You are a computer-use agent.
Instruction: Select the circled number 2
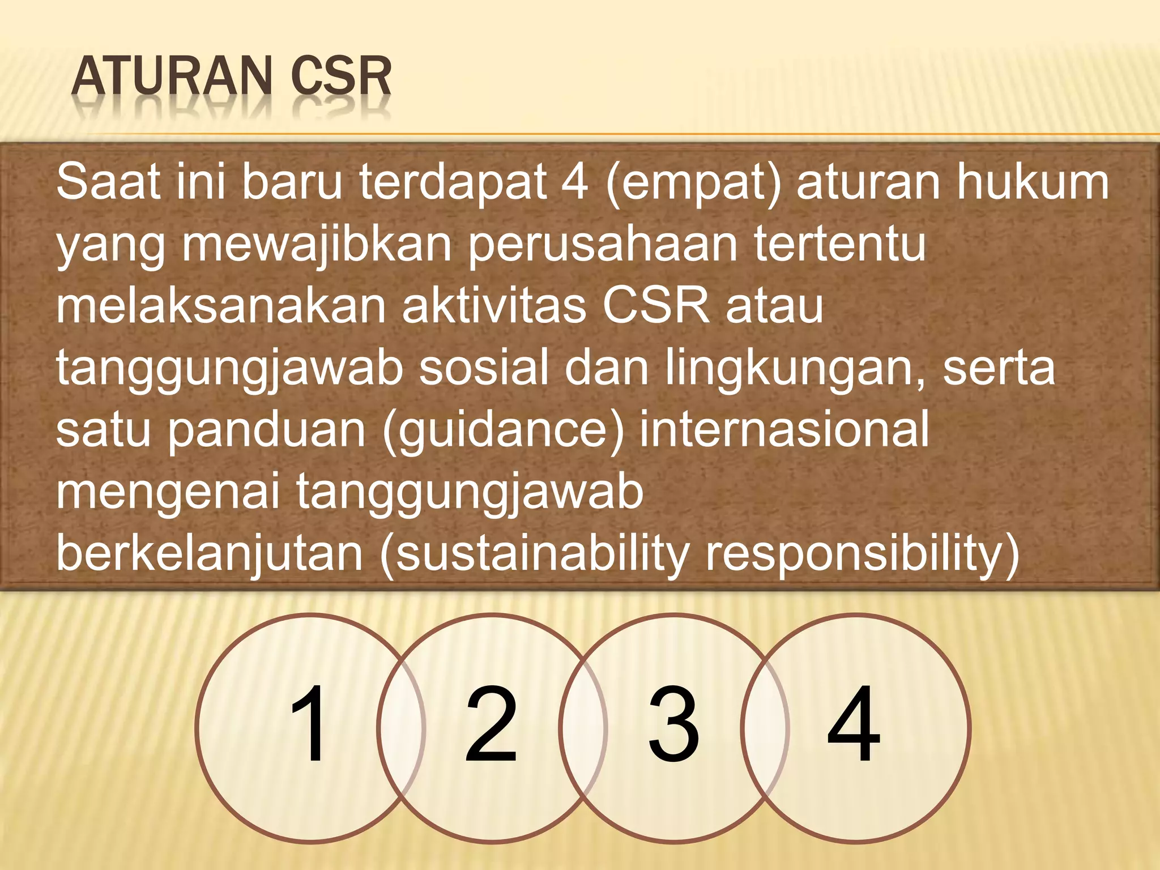[491, 724]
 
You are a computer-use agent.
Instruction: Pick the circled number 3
[673, 724]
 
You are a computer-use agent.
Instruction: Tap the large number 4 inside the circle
[854, 724]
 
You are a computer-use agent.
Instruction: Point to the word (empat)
[694, 182]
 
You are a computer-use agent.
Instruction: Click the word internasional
[784, 429]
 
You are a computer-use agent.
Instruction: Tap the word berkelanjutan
[210, 553]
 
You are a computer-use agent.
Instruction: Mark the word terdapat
[453, 182]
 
